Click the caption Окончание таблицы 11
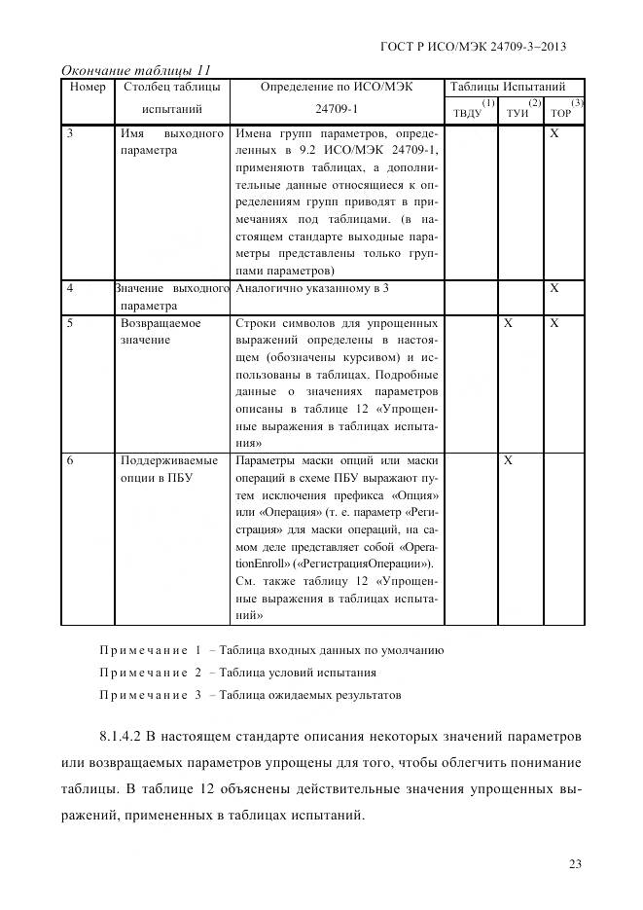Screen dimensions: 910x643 135,70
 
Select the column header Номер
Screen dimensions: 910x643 88,87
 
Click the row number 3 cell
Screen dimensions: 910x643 70,133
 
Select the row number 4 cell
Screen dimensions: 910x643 70,289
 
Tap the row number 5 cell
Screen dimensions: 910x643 70,323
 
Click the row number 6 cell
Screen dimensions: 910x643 70,460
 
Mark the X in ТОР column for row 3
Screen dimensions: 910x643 554,133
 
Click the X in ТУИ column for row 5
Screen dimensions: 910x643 508,323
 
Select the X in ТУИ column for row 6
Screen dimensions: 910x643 508,460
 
